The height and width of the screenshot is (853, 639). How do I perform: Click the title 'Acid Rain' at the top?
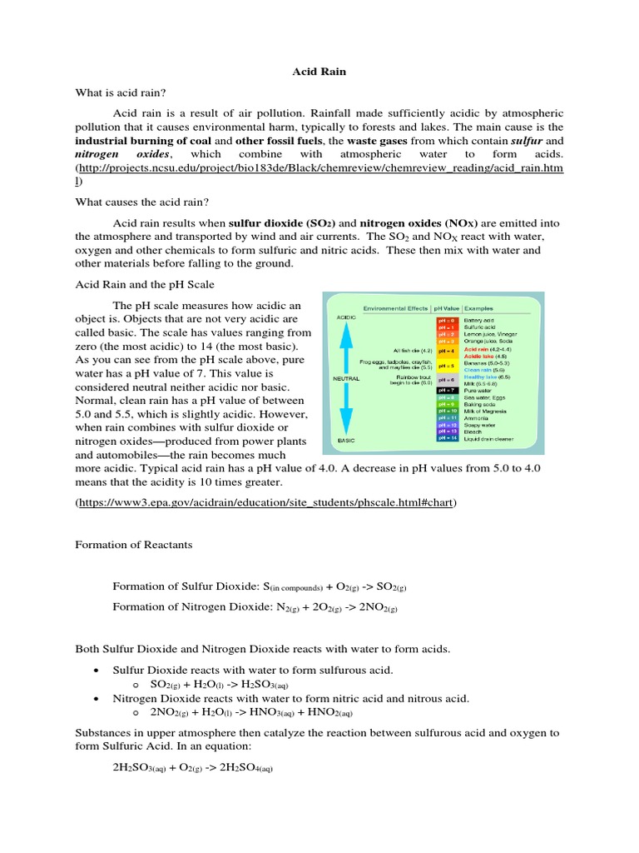tap(319, 72)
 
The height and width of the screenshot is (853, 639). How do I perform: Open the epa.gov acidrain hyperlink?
tap(266, 504)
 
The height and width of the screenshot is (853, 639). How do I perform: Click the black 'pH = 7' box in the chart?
tap(447, 390)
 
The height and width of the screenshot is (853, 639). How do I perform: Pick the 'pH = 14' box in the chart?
tap(447, 437)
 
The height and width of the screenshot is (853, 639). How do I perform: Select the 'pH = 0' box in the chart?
tap(447, 319)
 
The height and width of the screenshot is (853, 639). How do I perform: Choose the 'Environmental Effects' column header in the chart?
tap(396, 308)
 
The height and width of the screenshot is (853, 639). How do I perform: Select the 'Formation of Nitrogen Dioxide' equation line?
tap(255, 607)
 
